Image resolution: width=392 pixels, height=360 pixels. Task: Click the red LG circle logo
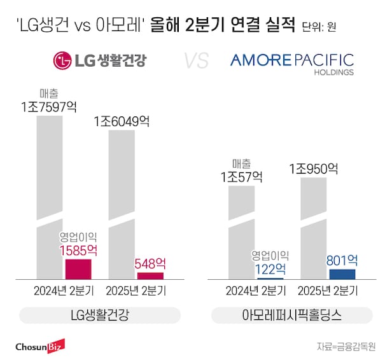click(61, 62)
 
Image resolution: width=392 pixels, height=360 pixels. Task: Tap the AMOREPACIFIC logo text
click(292, 60)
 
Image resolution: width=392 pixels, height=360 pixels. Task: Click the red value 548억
click(150, 263)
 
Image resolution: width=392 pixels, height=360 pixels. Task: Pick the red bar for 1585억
click(79, 269)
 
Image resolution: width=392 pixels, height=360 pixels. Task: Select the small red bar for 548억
click(150, 275)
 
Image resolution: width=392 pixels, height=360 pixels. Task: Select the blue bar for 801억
click(342, 274)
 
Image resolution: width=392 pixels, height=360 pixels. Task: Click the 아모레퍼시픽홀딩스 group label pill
click(292, 315)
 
